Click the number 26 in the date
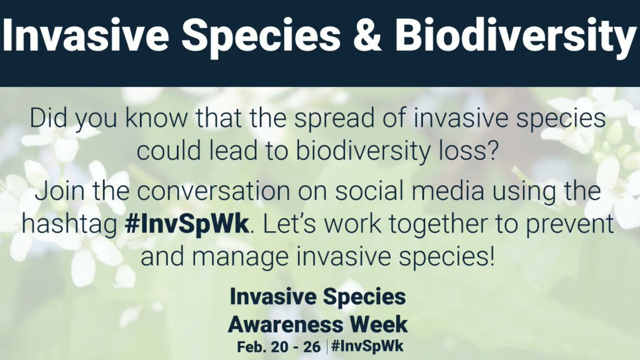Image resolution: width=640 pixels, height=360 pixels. pos(311,347)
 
